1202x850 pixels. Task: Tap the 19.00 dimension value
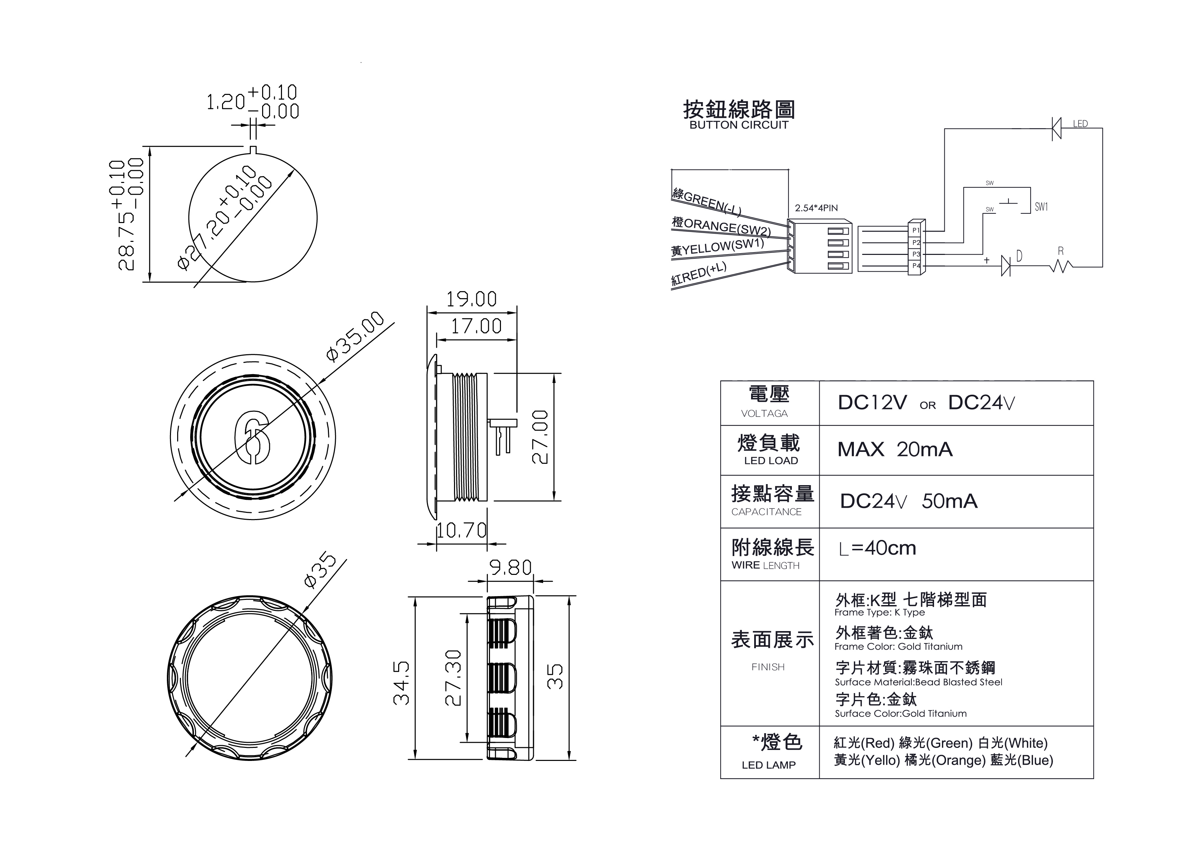click(x=471, y=299)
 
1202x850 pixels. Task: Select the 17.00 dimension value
click(x=476, y=327)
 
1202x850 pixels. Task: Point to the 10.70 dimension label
click(x=461, y=530)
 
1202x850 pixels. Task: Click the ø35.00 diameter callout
click(x=355, y=336)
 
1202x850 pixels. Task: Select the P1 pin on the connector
click(x=916, y=230)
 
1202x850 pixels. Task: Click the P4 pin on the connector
click(x=916, y=266)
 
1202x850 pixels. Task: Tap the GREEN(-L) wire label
click(x=707, y=202)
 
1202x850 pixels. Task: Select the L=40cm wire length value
click(x=878, y=548)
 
